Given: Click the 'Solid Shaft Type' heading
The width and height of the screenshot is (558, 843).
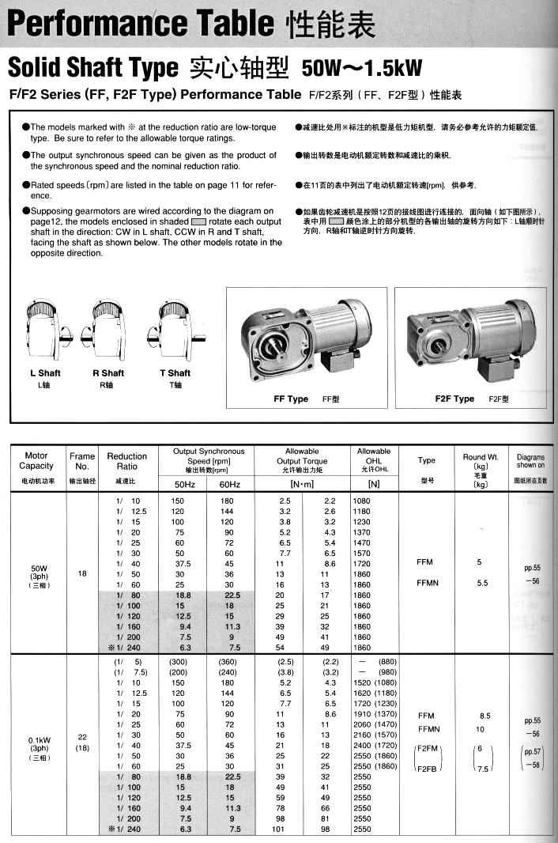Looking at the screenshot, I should click(x=92, y=68).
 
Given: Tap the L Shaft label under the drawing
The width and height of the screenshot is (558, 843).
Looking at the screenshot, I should click(x=44, y=373).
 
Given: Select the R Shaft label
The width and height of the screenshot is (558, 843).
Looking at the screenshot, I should click(x=108, y=373).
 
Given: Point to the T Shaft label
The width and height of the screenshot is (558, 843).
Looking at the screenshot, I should click(x=175, y=373).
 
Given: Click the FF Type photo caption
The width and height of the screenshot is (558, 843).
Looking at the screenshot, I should click(x=291, y=399).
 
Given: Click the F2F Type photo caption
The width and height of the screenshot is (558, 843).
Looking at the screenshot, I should click(x=454, y=399).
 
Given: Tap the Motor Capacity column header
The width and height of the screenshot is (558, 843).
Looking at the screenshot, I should click(x=36, y=461).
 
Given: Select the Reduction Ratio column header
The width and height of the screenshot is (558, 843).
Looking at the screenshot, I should click(x=126, y=461).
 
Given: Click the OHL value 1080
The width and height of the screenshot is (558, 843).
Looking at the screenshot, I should click(x=361, y=501).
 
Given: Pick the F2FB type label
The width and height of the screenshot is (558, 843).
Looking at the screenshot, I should click(x=428, y=767).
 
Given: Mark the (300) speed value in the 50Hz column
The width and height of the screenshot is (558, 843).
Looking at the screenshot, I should click(x=181, y=661).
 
